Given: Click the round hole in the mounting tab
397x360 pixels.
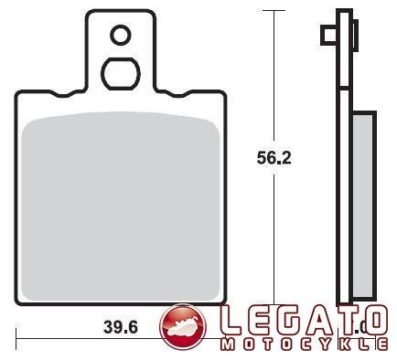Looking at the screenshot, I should click(121, 36).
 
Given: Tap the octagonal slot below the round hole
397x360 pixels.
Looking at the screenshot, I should click(120, 73).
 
